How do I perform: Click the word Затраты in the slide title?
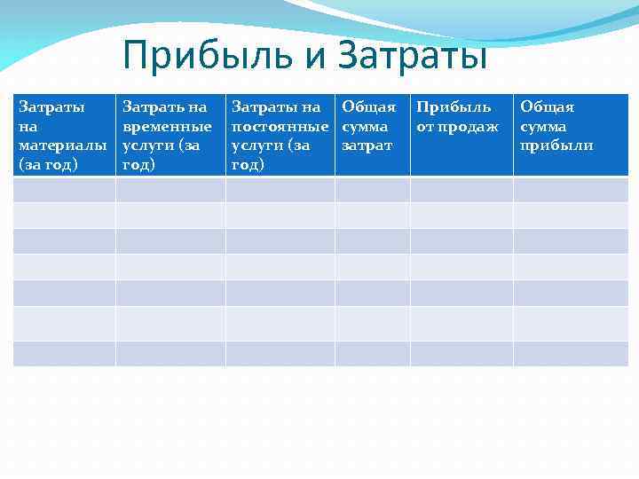coord(412,55)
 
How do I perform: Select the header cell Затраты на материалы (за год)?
coord(64,135)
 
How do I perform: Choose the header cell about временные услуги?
coord(170,135)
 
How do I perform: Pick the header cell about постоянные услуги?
coord(280,135)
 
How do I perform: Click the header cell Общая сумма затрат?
coord(372,135)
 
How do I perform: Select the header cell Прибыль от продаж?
coord(461,135)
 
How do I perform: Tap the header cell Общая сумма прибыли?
coord(570,135)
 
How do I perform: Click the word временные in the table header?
coord(167,126)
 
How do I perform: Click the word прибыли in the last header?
coord(556,145)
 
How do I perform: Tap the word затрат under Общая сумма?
coord(367,145)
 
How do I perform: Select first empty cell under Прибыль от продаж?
coord(461,189)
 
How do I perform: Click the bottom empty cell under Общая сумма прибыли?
coord(570,353)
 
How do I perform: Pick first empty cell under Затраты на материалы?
coord(64,189)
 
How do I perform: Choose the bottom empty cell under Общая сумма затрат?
coord(372,353)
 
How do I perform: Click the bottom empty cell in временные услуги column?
coord(170,353)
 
